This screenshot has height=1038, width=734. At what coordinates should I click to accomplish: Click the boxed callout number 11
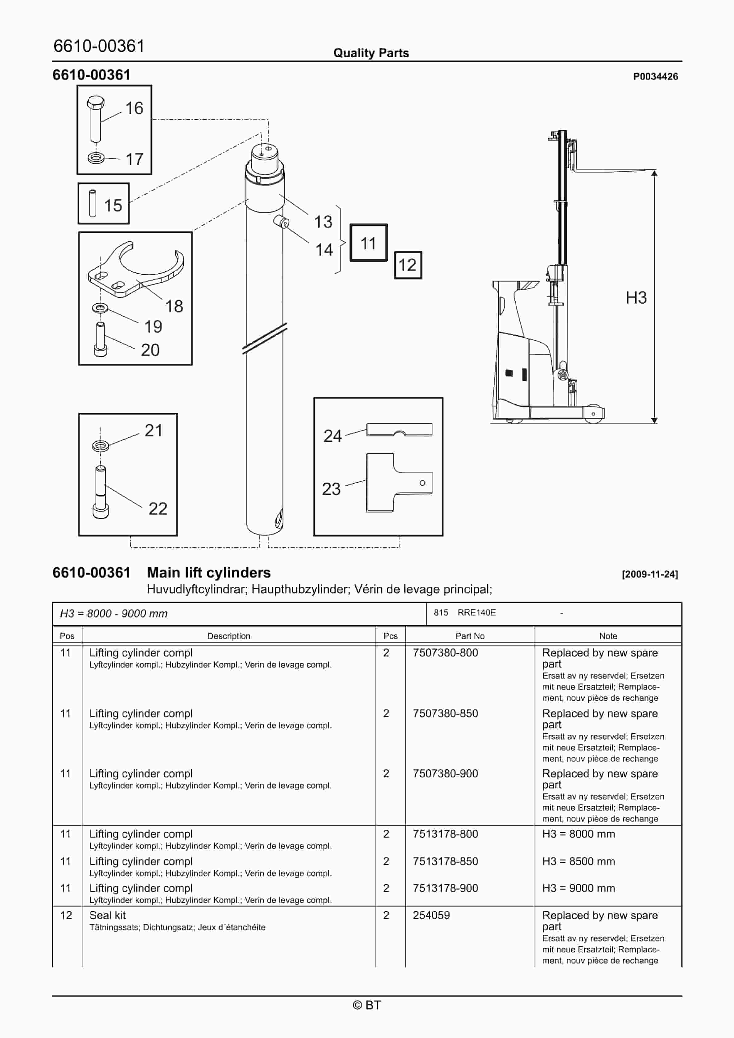368,243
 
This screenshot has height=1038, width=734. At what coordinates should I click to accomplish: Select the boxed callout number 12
407,265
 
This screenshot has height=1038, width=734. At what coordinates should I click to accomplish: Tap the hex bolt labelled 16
96,117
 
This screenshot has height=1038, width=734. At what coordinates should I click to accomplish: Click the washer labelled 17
96,158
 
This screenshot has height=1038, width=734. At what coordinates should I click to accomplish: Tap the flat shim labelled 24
399,430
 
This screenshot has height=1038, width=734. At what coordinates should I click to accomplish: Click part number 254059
431,915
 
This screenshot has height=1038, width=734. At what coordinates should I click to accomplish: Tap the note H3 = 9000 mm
578,888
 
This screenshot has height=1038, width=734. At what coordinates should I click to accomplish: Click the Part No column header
470,635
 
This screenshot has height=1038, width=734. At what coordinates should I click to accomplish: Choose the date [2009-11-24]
649,574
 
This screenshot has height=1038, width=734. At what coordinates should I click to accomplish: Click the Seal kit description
108,915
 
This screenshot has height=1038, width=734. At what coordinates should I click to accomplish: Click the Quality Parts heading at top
371,53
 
